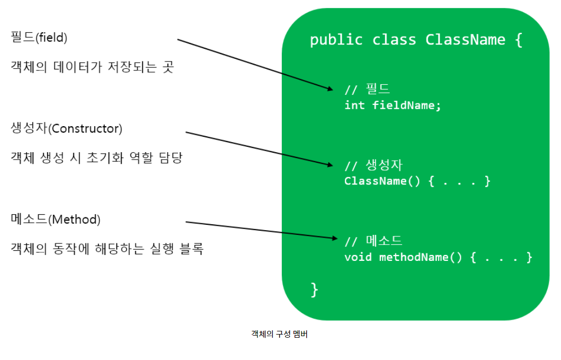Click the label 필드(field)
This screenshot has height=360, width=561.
(x=39, y=38)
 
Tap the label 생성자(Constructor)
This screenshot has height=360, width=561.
(x=66, y=128)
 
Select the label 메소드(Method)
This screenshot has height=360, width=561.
(x=56, y=219)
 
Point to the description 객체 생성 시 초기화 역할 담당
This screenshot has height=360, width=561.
(x=96, y=158)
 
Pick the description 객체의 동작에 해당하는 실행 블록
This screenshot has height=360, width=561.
(x=107, y=249)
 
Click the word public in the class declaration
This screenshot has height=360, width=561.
(x=336, y=40)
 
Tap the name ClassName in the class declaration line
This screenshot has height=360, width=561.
(x=465, y=40)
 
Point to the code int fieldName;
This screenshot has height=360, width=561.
(x=393, y=105)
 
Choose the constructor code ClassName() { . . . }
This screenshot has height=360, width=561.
(x=417, y=181)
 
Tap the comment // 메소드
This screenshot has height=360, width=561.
(x=373, y=241)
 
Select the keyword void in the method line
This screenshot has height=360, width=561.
(x=358, y=257)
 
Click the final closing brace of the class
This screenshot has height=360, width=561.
(x=314, y=289)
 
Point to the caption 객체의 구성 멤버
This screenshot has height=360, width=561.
(x=279, y=334)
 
